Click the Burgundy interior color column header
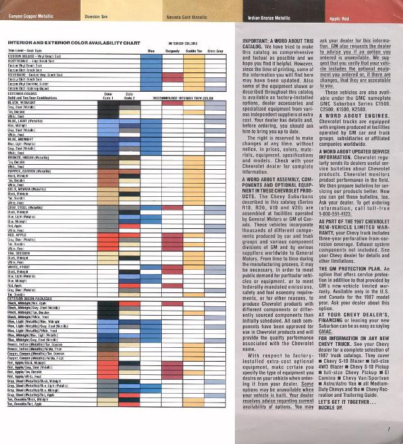pyautogui.click(x=173, y=50)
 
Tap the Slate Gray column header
pyautogui.click(x=215, y=50)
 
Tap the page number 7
pyautogui.click(x=390, y=429)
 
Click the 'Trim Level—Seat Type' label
pyautogui.click(x=26, y=50)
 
